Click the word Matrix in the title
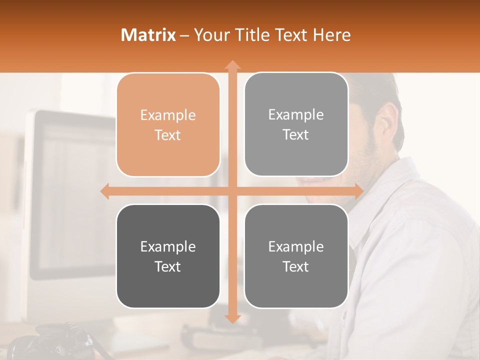tap(148, 35)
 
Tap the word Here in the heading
tap(332, 35)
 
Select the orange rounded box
tap(168, 125)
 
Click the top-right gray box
tap(296, 124)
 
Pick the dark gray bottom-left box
tap(168, 256)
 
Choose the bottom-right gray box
tap(296, 256)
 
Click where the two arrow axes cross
tap(232, 191)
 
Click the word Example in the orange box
tap(168, 115)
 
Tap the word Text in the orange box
tap(168, 135)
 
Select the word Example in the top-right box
tap(296, 115)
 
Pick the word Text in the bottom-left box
tap(168, 266)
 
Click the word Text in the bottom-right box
tap(296, 266)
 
